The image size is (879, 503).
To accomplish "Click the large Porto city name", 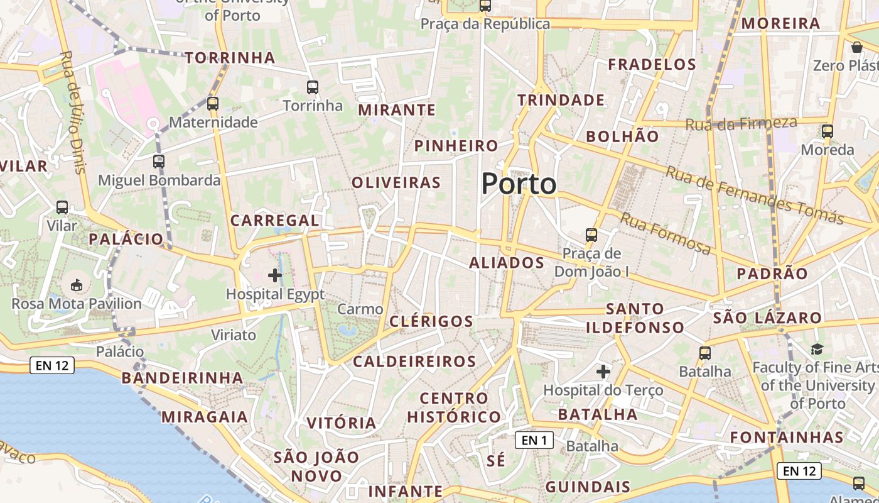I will click(x=519, y=184).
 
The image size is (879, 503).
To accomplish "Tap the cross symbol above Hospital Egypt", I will click(x=275, y=275).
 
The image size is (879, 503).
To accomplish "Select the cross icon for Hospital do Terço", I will click(x=603, y=372).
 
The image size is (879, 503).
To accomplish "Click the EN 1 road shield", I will click(x=534, y=440).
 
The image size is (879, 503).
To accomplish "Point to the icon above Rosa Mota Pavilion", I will click(x=77, y=285).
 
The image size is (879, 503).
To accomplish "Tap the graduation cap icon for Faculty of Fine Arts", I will click(x=817, y=349).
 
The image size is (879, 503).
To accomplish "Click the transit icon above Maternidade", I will click(x=213, y=104).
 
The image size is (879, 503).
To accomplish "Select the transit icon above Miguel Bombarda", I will click(x=159, y=162).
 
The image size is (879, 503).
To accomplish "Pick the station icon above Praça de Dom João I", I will click(x=591, y=235).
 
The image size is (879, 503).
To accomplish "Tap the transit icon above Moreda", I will click(x=828, y=131).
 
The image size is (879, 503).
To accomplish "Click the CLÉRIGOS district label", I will click(x=431, y=321).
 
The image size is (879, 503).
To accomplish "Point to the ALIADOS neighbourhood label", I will click(x=507, y=263).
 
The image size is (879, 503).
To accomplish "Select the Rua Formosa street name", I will click(x=666, y=233).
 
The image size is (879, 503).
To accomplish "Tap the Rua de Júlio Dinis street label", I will click(x=72, y=112).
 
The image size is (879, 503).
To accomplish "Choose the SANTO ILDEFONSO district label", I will click(x=635, y=318).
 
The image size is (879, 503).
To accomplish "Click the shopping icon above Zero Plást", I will click(x=857, y=47).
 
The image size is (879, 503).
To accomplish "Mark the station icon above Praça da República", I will click(x=485, y=6).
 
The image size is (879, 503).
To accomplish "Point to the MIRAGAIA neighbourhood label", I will click(x=205, y=417).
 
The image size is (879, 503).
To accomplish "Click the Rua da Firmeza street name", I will click(x=741, y=123).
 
